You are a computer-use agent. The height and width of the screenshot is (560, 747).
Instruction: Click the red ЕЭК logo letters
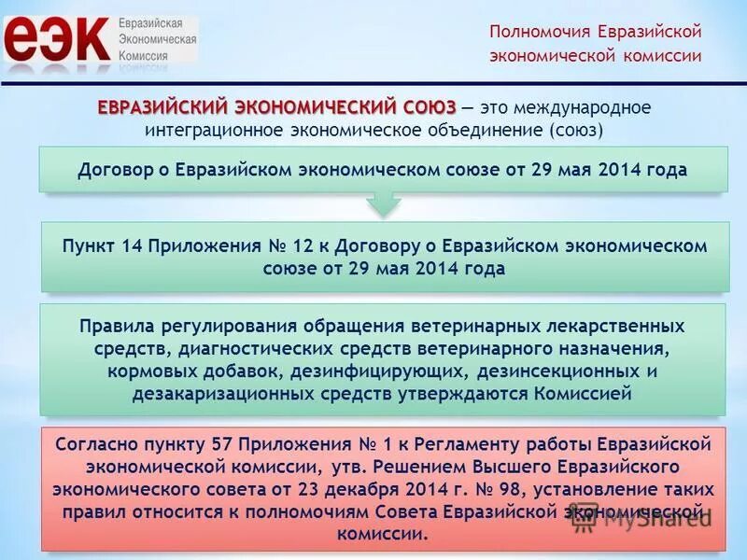tap(56, 39)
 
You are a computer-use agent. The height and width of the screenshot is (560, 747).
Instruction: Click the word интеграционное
tap(204, 130)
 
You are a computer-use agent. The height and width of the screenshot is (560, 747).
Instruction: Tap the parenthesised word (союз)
tap(577, 130)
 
